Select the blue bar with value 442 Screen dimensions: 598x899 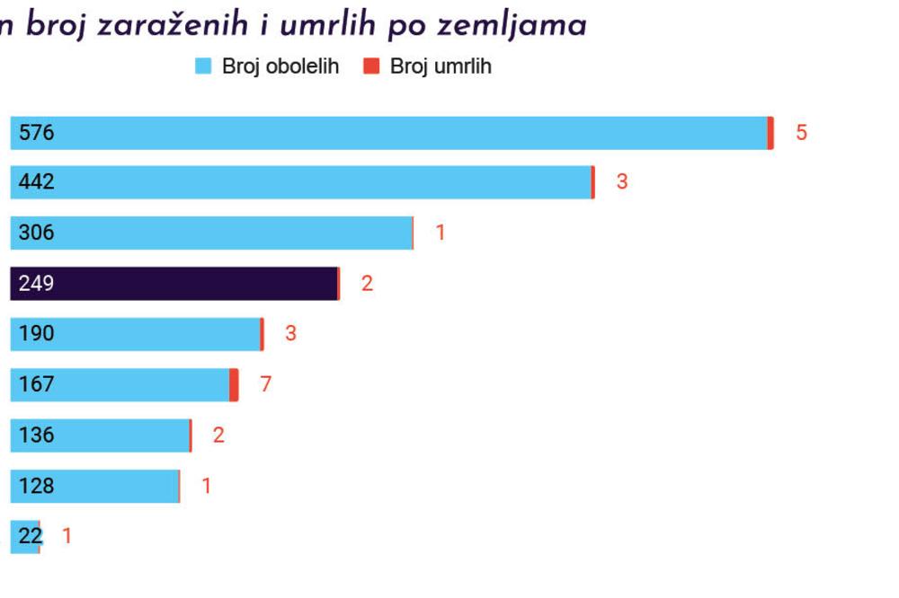point(300,182)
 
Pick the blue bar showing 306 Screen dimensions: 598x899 point(210,233)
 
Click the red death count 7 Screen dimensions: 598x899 point(265,384)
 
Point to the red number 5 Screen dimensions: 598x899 point(801,133)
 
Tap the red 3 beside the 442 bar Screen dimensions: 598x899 point(621,182)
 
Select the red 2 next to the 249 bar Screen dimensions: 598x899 point(367,284)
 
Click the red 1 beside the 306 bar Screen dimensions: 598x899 point(441,233)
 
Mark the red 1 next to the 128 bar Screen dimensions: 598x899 point(206,486)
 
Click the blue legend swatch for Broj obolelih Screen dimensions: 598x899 point(203,66)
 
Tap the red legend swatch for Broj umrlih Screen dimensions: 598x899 point(371,66)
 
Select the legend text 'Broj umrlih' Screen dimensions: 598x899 point(441,66)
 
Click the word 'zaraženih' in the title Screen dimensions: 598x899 point(176,26)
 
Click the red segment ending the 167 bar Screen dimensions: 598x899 point(234,384)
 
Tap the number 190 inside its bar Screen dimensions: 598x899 point(36,334)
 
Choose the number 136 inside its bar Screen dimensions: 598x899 point(36,435)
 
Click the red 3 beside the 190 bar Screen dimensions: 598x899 point(290,334)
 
